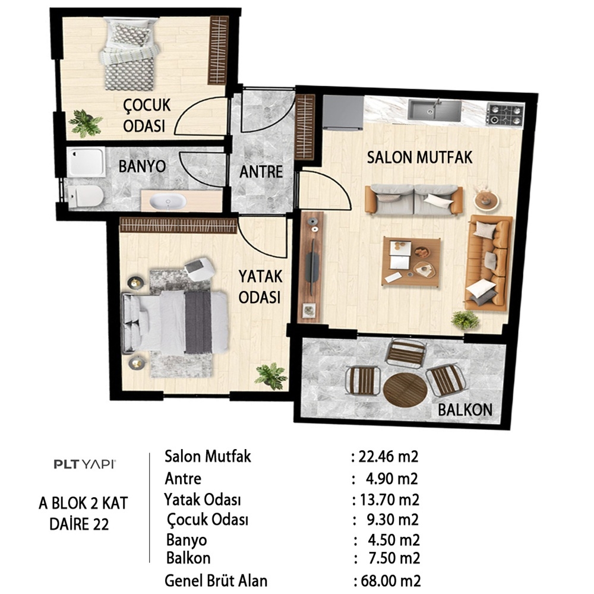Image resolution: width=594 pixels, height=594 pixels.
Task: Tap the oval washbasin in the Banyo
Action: tap(168, 201)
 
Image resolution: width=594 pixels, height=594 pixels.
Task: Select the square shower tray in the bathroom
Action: tap(87, 162)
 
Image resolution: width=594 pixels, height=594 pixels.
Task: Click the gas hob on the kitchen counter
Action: tap(505, 115)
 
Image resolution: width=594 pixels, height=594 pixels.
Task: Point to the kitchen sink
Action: tap(435, 110)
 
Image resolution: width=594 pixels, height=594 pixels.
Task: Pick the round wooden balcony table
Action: tap(405, 390)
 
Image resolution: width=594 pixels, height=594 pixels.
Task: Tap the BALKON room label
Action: tap(465, 410)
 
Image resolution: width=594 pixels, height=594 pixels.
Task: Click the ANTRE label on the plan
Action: tap(261, 172)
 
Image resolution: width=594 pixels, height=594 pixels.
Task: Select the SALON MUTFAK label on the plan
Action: tap(420, 157)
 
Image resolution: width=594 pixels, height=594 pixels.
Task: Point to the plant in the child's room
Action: tap(85, 123)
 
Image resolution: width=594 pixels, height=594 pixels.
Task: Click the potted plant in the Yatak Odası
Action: tap(271, 376)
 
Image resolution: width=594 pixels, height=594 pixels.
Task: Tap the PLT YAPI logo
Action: tap(84, 464)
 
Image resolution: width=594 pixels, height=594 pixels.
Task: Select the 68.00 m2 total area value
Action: tap(391, 581)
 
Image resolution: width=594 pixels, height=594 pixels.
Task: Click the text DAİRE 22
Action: tap(79, 525)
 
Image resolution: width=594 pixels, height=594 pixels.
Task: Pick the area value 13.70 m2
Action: tap(389, 500)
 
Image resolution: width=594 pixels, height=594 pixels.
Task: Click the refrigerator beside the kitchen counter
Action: tap(343, 112)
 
